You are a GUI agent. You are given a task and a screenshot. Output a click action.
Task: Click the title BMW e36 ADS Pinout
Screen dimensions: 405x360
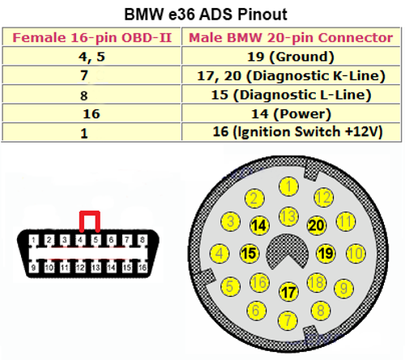206,15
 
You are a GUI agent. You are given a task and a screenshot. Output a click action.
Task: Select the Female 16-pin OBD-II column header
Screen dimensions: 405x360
92,37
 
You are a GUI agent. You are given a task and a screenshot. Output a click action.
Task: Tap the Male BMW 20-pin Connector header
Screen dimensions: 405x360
291,37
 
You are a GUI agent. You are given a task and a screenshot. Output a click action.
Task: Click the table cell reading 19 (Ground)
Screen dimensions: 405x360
291,57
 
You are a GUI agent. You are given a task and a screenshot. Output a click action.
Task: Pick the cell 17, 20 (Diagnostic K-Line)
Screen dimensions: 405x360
291,76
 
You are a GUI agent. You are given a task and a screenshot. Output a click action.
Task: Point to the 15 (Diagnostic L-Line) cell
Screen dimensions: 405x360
291,95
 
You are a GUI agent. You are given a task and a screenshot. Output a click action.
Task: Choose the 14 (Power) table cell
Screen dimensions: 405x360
291,114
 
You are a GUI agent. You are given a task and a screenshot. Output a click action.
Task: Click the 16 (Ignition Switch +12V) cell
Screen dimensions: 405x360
297,132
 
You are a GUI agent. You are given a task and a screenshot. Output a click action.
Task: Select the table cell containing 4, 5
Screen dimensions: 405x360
92,57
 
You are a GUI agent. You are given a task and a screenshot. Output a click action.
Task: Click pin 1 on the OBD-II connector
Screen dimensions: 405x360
33,240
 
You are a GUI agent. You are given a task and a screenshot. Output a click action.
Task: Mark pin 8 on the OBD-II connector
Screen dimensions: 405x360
143,240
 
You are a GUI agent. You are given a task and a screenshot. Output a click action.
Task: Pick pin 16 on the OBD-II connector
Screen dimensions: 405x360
143,268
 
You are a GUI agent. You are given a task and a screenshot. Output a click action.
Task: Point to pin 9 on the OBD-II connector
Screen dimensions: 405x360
33,268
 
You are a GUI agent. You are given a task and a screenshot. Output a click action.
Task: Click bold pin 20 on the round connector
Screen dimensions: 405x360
316,225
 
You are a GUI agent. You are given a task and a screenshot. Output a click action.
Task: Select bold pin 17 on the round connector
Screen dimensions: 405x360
288,292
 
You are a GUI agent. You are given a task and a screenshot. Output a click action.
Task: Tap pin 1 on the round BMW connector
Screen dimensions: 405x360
288,186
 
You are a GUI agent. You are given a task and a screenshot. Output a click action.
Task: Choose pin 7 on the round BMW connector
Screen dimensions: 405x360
288,320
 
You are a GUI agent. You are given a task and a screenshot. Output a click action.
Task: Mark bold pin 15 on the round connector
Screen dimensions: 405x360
249,253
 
